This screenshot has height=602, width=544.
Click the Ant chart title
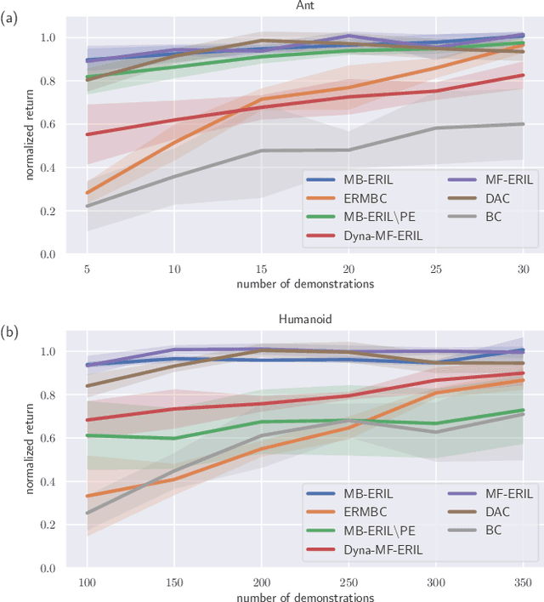pyautogui.click(x=305, y=6)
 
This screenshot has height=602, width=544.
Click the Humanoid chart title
pyautogui.click(x=305, y=320)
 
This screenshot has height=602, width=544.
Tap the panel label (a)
pyautogui.click(x=10, y=16)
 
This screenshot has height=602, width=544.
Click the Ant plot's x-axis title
pyautogui.click(x=305, y=284)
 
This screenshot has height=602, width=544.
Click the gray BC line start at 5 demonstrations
pyautogui.click(x=88, y=206)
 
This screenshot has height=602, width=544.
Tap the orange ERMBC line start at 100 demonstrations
pyautogui.click(x=88, y=496)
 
